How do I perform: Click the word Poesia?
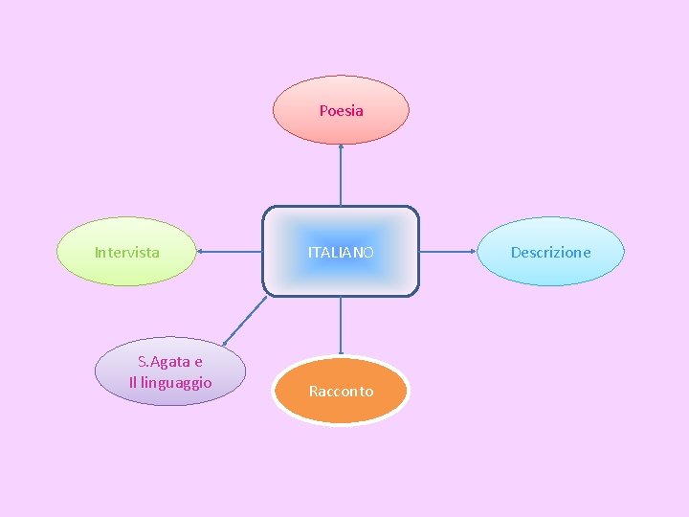point(342,111)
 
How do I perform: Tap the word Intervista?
point(127,253)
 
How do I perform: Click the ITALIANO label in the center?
point(341,253)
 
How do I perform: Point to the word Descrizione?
point(550,253)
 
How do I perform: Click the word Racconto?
point(341,392)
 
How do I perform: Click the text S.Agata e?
point(170,362)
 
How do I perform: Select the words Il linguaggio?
point(170,383)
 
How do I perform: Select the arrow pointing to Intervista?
point(230,253)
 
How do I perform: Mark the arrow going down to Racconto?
point(341,326)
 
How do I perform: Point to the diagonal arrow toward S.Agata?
point(246,320)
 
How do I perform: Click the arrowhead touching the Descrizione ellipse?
point(476,253)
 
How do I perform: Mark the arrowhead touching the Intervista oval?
point(200,253)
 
